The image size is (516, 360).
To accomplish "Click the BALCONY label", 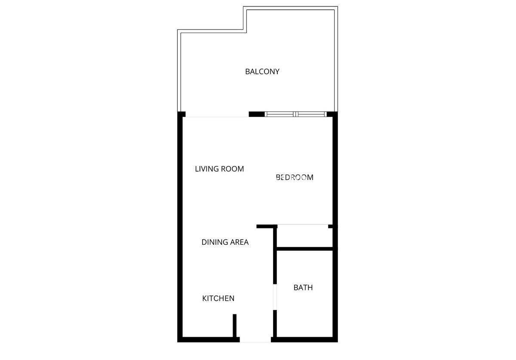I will click(262, 71).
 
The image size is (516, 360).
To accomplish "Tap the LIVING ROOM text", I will click(219, 169).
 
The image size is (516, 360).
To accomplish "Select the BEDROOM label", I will click(295, 177).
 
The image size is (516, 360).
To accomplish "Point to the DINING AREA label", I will click(225, 242).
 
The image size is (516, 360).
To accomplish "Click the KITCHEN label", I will click(218, 298).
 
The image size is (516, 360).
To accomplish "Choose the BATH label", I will click(303, 287).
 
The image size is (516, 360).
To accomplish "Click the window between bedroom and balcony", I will click(295, 114).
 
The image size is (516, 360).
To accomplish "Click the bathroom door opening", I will click(275, 296).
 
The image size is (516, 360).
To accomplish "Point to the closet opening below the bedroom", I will click(303, 225).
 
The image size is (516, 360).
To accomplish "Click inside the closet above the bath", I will click(304, 236).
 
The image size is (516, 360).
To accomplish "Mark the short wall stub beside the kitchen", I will click(235, 326).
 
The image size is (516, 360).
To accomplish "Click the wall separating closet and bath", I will click(304, 249).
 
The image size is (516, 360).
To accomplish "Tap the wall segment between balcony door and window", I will click(257, 114).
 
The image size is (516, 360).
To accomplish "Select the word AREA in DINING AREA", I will click(239, 242).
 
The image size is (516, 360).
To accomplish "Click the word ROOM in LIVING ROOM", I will click(232, 169).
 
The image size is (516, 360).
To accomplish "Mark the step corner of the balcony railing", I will click(245, 31).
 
